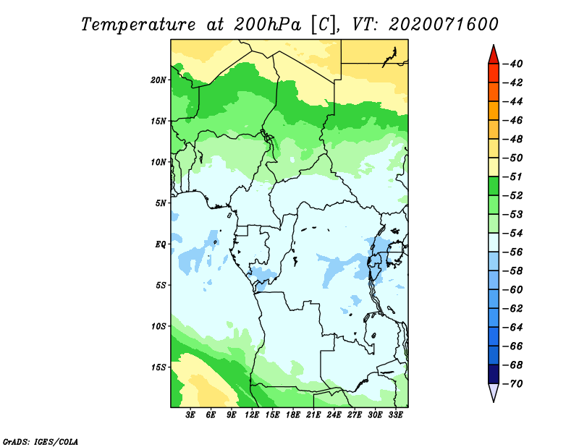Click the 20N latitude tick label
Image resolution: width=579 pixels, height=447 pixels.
tap(158, 80)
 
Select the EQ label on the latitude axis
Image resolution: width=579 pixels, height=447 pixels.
tap(160, 244)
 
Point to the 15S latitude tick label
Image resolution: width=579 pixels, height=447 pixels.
tap(158, 367)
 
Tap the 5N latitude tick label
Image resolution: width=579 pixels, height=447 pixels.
tap(160, 203)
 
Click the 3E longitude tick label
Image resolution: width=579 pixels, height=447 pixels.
tap(190, 414)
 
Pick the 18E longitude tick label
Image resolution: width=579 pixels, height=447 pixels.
tap(293, 414)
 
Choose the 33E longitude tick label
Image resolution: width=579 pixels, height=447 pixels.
tap(395, 414)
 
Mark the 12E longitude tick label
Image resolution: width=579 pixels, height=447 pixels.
tap(252, 414)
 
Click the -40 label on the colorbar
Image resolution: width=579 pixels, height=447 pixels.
tap(513, 64)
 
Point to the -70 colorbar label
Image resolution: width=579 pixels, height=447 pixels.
tap(513, 384)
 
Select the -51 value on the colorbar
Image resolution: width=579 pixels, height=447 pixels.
tap(513, 176)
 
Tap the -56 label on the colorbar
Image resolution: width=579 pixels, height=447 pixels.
tap(513, 252)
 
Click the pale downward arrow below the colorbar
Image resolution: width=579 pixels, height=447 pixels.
tap(494, 392)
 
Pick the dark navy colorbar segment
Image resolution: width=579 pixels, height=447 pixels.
tap(494, 374)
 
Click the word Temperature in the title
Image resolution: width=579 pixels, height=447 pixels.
tap(138, 25)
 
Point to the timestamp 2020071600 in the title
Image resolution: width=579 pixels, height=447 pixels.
tap(444, 25)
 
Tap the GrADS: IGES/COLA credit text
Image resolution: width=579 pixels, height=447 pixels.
tap(41, 442)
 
